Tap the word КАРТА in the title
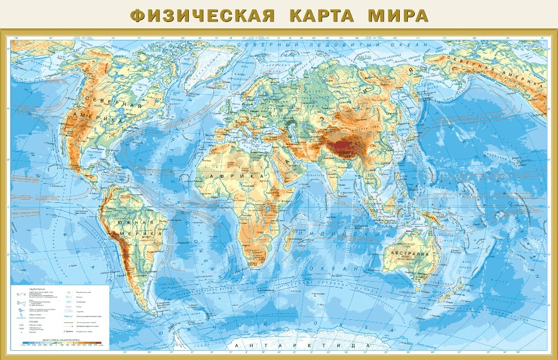click(318, 15)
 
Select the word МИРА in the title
click(398, 15)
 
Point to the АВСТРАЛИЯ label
click(411, 254)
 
